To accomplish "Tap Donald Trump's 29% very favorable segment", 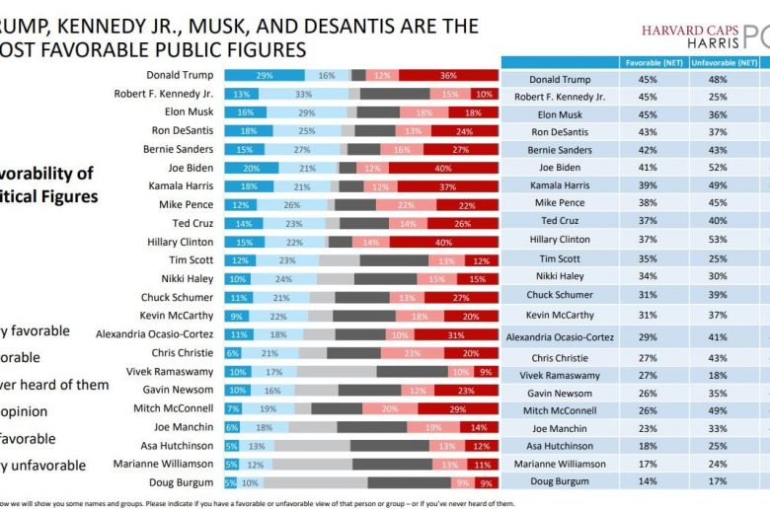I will point(265,75).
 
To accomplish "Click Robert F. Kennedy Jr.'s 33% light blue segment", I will point(304,94).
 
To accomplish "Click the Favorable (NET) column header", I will point(650,62).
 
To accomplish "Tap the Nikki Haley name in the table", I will point(559,276).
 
